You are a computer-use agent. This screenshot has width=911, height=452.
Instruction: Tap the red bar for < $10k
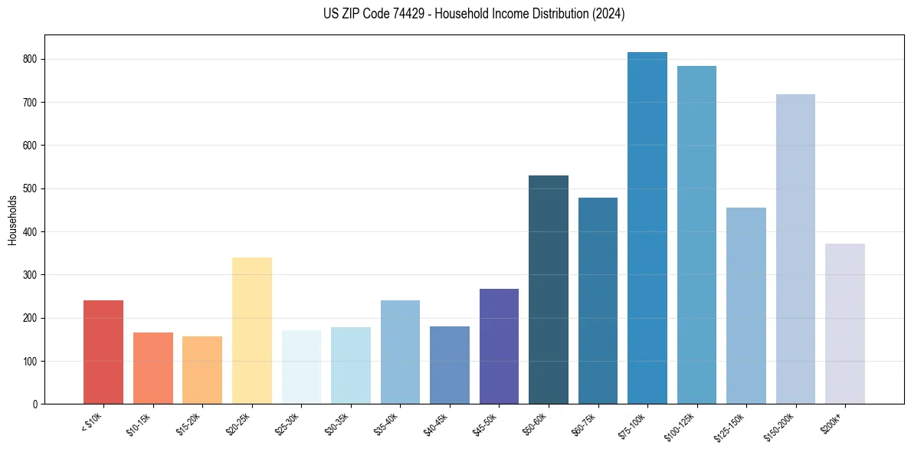click(103, 352)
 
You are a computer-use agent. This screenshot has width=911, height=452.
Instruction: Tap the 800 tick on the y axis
click(31, 59)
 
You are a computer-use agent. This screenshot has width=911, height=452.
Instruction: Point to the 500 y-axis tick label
click(31, 188)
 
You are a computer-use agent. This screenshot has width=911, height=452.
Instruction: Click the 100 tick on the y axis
click(31, 361)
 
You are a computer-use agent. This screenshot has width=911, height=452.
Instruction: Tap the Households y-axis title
click(13, 220)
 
